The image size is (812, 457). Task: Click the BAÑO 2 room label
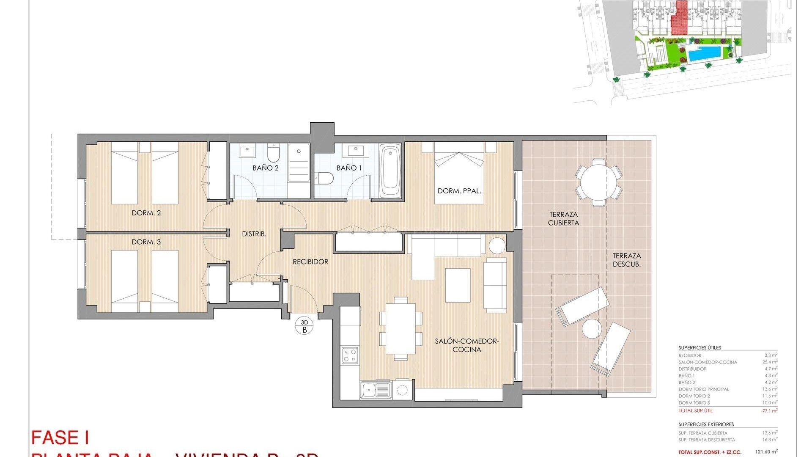click(266, 168)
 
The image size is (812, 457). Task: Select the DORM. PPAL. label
click(459, 191)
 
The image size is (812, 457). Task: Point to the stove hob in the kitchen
click(350, 355)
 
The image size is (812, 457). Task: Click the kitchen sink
click(375, 390)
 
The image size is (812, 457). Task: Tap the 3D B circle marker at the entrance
click(304, 326)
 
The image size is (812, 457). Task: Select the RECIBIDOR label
click(310, 262)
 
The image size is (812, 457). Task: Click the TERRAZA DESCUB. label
click(627, 260)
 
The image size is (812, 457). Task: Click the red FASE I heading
click(60, 438)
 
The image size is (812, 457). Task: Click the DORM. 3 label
click(146, 242)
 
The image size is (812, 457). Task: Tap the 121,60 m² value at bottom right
click(768, 452)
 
